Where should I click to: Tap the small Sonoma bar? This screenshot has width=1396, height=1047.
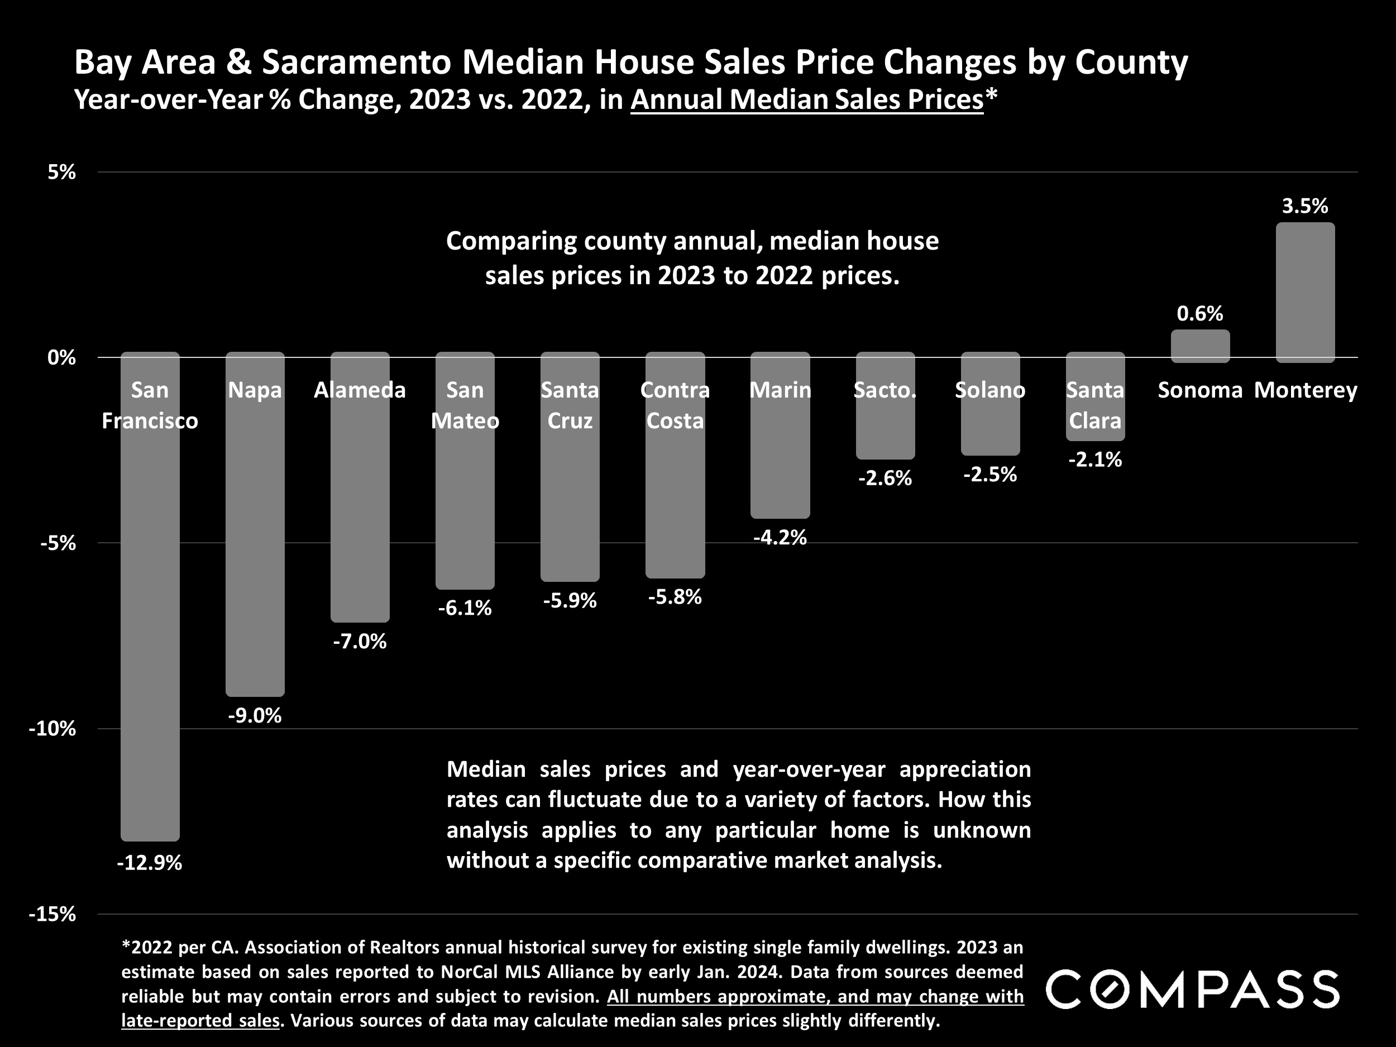click(x=1200, y=346)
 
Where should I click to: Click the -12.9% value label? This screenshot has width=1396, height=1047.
click(x=150, y=862)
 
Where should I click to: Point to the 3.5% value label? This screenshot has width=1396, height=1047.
click(x=1304, y=205)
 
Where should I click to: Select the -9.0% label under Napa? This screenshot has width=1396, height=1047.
click(x=255, y=716)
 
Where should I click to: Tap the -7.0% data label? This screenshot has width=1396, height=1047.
click(x=360, y=642)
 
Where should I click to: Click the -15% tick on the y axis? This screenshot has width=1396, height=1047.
click(x=52, y=914)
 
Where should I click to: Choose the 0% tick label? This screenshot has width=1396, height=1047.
click(x=61, y=357)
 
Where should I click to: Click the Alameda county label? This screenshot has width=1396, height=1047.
click(x=360, y=390)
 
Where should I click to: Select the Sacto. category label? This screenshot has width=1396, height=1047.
click(x=885, y=390)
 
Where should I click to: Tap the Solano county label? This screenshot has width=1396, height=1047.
click(x=989, y=390)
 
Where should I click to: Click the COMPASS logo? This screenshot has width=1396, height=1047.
click(x=1192, y=990)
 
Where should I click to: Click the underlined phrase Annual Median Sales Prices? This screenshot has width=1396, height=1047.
click(x=806, y=100)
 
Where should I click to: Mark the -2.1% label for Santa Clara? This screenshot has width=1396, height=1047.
click(x=1095, y=460)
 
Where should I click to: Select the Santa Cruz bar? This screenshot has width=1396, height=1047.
click(x=570, y=505)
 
